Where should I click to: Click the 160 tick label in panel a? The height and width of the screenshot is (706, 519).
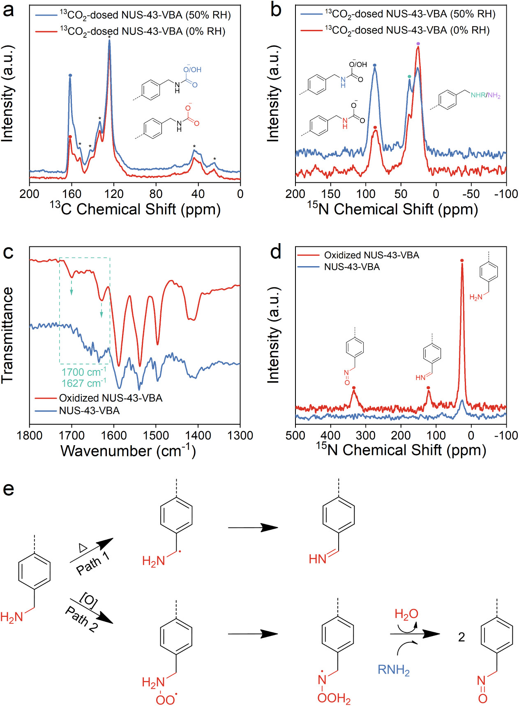click(72, 193)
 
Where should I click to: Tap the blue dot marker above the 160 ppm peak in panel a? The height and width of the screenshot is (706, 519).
click(70, 75)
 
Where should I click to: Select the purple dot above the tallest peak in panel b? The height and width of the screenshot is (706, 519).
click(418, 44)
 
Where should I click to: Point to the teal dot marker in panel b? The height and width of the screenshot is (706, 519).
click(409, 76)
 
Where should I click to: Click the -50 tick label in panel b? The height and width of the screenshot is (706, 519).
click(471, 193)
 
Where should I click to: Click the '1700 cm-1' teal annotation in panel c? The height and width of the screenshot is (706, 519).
click(83, 372)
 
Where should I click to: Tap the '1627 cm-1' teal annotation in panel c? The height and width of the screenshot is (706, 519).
click(83, 383)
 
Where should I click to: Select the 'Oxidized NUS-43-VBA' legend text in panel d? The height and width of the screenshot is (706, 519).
click(371, 255)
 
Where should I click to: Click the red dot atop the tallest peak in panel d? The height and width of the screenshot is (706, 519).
click(462, 260)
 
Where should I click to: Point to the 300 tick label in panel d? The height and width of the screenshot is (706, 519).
click(365, 435)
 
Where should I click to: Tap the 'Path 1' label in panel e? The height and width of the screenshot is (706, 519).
click(93, 563)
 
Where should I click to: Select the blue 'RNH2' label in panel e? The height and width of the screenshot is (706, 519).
click(393, 670)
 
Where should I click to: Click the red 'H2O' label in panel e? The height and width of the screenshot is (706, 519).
click(406, 614)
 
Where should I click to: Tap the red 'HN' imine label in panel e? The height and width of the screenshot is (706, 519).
click(318, 559)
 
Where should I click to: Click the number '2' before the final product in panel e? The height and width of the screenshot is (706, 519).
click(461, 637)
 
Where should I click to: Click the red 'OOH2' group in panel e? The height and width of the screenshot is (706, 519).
click(334, 698)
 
